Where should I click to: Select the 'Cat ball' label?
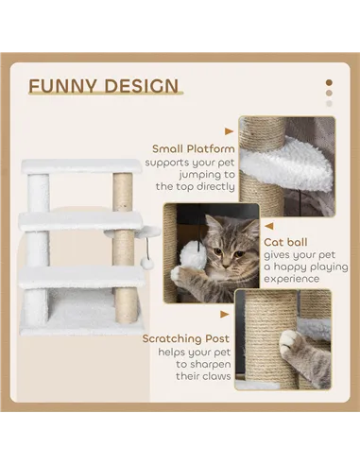(284, 241)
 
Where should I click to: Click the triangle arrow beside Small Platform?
(229, 132)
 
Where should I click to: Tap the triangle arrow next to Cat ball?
(268, 226)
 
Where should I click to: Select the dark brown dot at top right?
(329, 82)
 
